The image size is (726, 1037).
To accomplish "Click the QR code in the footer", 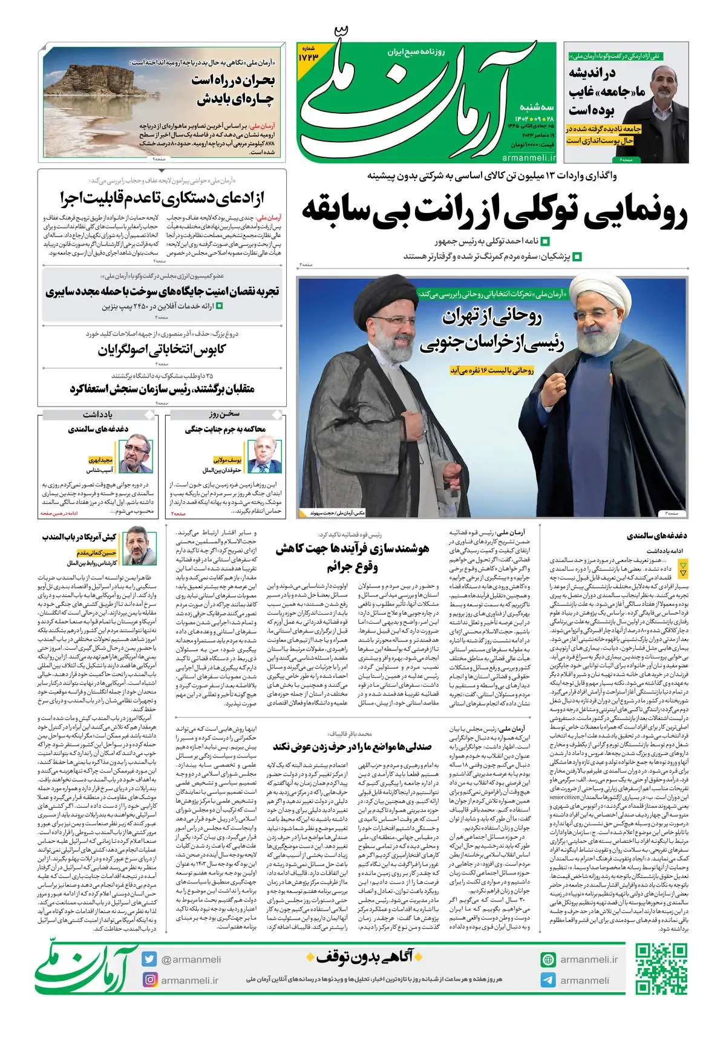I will click(x=662, y=968).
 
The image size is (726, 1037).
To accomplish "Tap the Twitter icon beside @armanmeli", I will click(x=149, y=959).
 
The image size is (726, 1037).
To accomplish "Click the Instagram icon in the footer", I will click(x=149, y=980).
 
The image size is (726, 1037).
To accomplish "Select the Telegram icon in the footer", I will click(x=548, y=980).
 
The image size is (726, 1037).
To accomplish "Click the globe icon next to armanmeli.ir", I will click(x=548, y=960).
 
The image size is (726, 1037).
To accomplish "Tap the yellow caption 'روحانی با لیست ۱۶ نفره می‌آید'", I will click(x=492, y=370).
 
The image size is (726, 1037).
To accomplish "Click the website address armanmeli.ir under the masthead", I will click(x=530, y=157).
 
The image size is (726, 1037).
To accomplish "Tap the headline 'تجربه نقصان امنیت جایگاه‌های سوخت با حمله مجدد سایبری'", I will click(x=162, y=292).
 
